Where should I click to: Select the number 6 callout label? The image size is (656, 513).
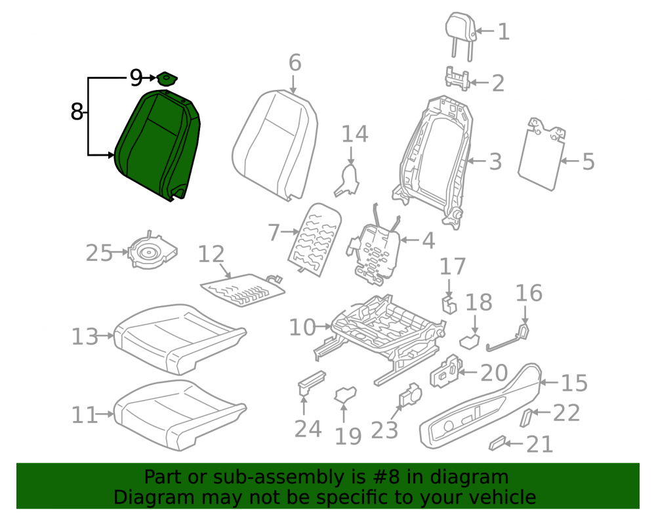(295, 63)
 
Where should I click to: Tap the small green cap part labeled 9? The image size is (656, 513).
(167, 78)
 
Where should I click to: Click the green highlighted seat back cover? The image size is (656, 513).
(157, 145)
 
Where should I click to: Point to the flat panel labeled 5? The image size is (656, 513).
(541, 154)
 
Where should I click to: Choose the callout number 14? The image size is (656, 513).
(355, 135)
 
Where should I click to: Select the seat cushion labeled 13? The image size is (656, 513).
(180, 338)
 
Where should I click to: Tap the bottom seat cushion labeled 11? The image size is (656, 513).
(180, 414)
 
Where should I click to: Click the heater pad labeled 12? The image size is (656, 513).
(243, 290)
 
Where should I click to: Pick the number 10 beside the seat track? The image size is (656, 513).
(302, 327)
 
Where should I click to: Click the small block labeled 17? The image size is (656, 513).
(449, 304)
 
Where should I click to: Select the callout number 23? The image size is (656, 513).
(384, 430)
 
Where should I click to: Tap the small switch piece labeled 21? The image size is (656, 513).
(497, 443)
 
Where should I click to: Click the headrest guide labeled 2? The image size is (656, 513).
(457, 78)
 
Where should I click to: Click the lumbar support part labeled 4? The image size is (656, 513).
(373, 252)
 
